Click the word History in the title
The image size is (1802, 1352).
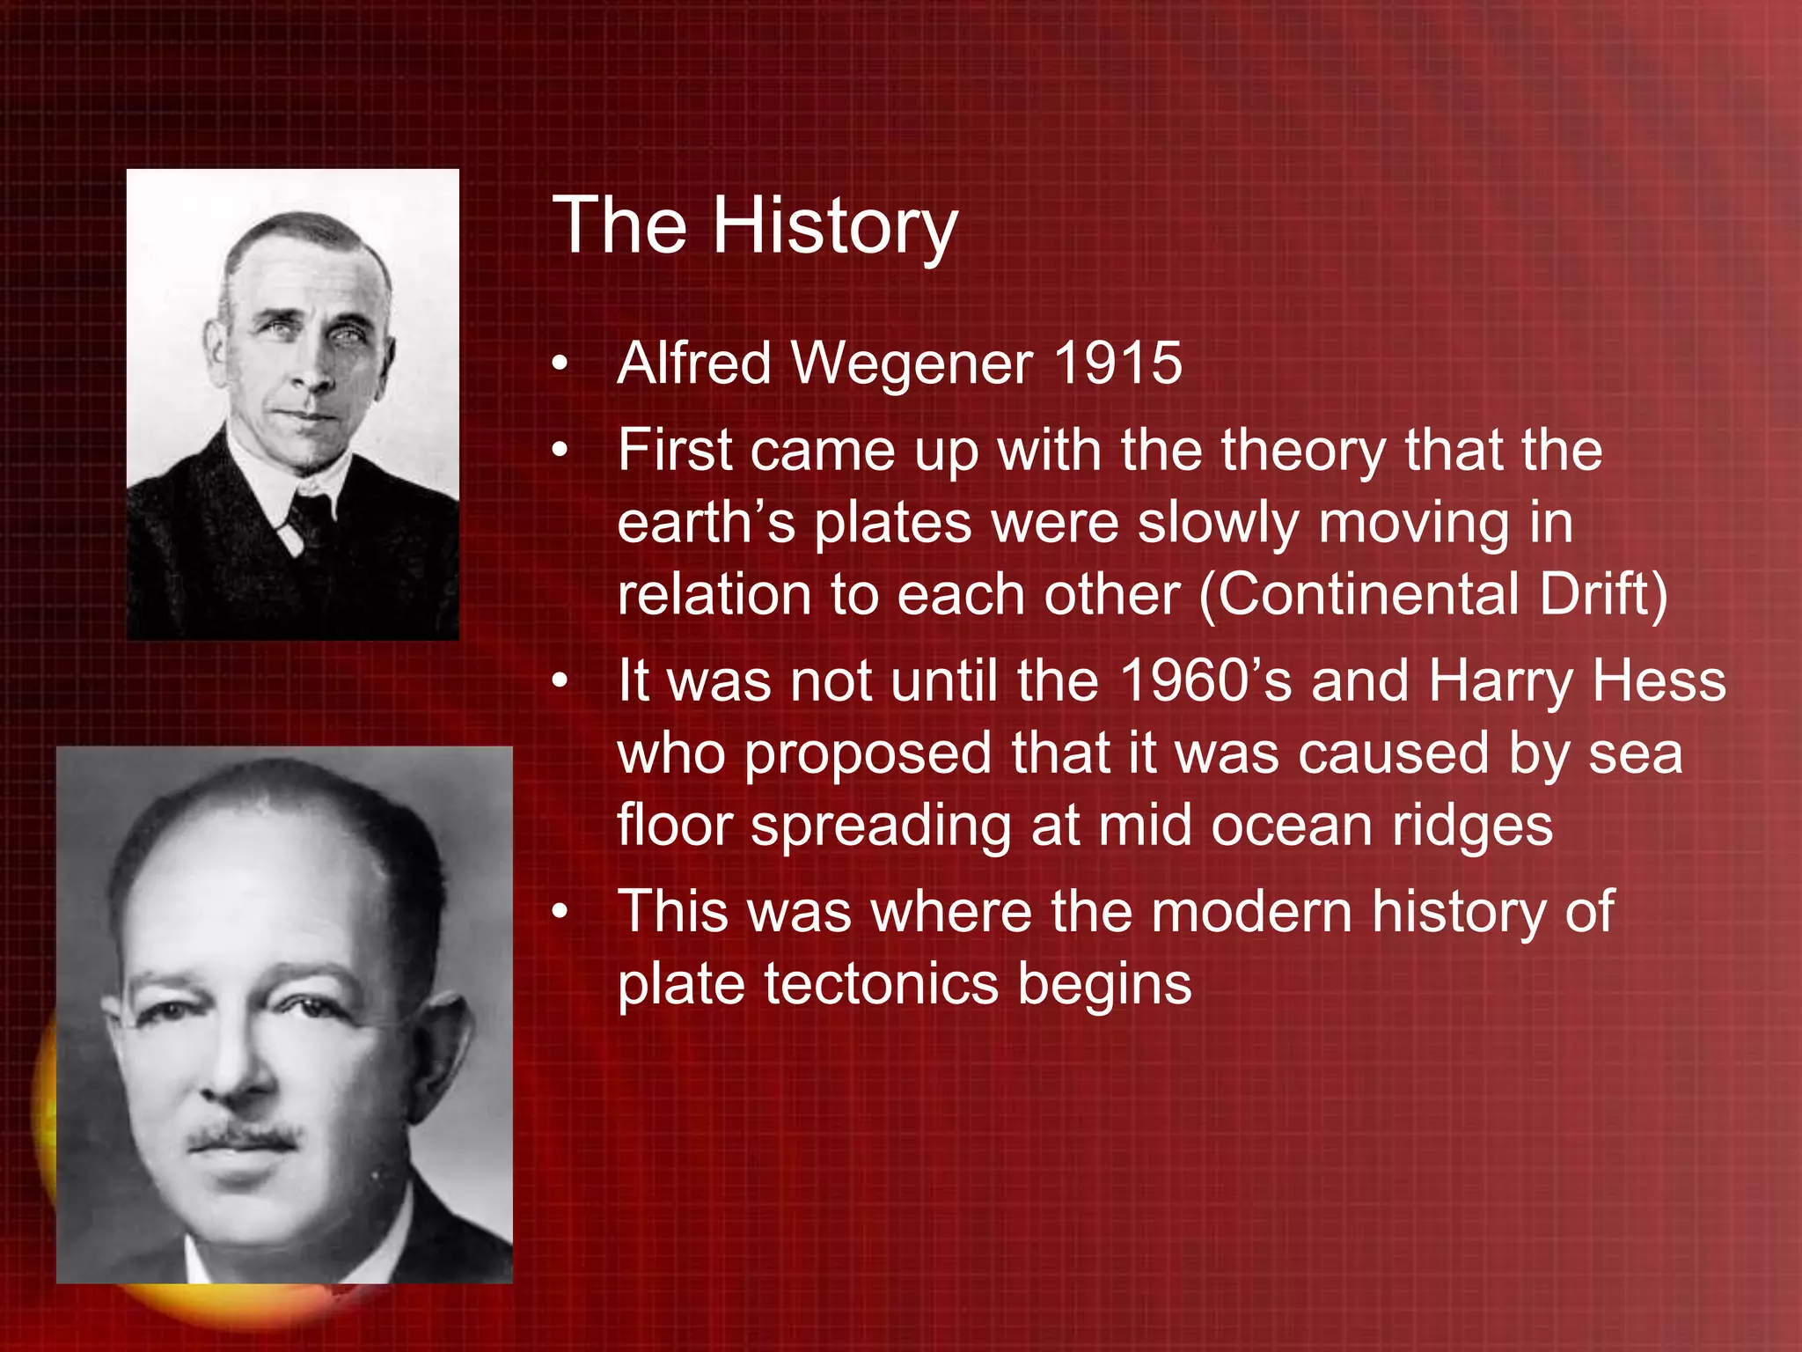click(x=834, y=227)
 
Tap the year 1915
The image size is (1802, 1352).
click(x=1117, y=363)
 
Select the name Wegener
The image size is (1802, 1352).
click(x=912, y=364)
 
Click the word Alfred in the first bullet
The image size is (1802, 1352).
click(x=694, y=363)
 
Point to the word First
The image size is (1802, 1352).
click(x=675, y=450)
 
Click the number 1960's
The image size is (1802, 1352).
click(x=1206, y=681)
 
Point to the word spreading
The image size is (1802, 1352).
click(x=881, y=827)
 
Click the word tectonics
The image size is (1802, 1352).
click(x=881, y=983)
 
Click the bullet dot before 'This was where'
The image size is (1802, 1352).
click(x=560, y=912)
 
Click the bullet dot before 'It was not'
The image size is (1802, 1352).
click(x=560, y=681)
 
